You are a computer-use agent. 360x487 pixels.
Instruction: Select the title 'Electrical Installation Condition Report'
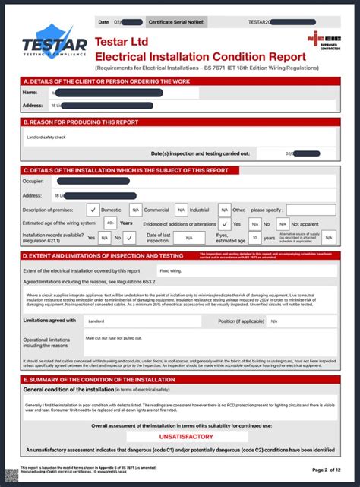click(x=201, y=56)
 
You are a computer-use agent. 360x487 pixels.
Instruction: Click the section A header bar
click(x=179, y=81)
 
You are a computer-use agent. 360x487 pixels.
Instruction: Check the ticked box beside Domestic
click(x=92, y=210)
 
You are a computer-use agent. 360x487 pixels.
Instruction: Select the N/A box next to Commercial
click(x=136, y=210)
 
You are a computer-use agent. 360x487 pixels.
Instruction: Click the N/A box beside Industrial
click(x=182, y=210)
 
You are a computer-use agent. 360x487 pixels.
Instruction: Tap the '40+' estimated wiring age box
click(x=111, y=223)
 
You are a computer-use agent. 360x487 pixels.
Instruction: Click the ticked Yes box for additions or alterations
click(x=224, y=224)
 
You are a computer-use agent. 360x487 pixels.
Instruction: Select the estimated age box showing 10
click(x=257, y=238)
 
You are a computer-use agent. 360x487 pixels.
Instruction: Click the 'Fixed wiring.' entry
click(x=170, y=270)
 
